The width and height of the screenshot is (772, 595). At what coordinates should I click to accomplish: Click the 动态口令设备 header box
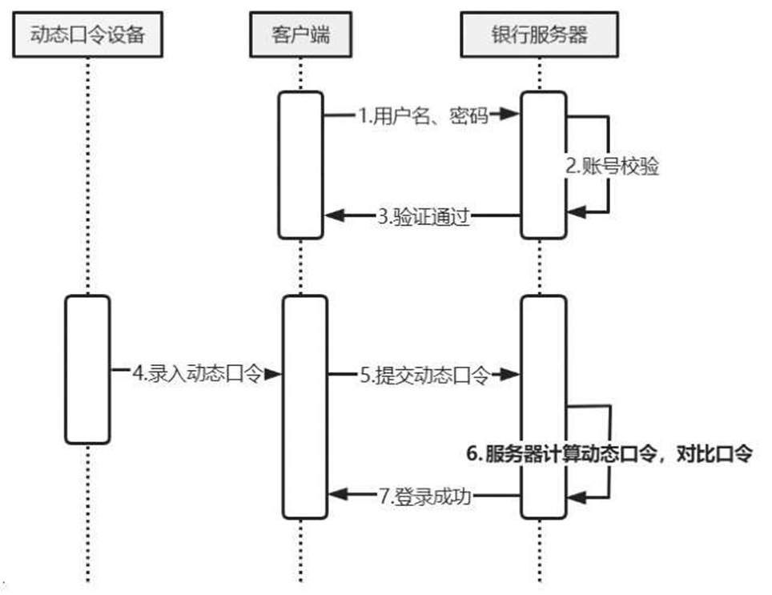coord(87,34)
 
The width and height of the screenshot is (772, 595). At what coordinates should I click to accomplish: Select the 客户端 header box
coord(300,34)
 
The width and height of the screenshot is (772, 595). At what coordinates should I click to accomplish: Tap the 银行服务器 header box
coord(539,34)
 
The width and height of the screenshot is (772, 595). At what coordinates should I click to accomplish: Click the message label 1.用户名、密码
coord(415,115)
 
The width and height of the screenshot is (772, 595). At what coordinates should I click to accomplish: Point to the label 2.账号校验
coord(613,167)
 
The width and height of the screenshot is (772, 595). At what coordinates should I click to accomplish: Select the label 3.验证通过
coord(423,215)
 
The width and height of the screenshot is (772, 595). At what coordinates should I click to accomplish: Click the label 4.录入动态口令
coord(197,373)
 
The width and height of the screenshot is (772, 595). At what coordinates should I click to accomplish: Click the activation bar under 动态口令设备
coord(87,368)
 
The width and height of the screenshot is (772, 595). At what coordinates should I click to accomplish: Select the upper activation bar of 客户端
coord(302,164)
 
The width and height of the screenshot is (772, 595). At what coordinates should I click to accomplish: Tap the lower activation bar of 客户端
coord(304,407)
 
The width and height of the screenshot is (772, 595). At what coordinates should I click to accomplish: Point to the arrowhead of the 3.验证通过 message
coord(335,215)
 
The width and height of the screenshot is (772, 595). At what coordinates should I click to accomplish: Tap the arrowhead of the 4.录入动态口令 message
coord(272,373)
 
